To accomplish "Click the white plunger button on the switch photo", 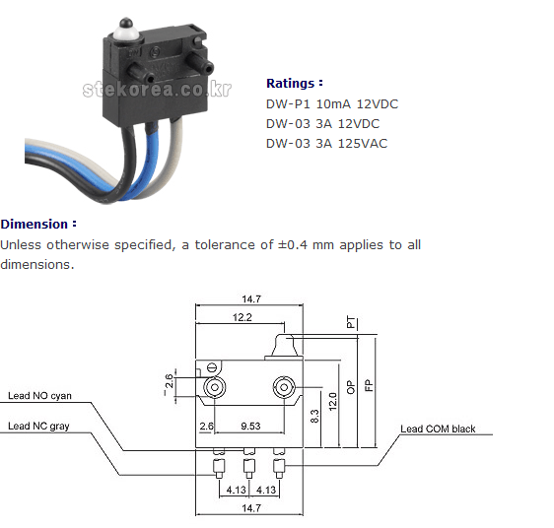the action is (125, 32).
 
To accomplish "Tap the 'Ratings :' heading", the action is (295, 84).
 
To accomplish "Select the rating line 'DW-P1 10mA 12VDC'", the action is (332, 104).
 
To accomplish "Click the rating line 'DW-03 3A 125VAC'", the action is (326, 144).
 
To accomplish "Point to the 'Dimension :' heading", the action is (38, 224).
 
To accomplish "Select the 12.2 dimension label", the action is (242, 317).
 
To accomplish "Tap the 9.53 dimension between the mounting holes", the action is (250, 426).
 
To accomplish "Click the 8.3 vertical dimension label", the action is (314, 416).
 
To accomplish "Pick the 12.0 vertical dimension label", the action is (332, 402).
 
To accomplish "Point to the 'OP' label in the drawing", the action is (350, 387).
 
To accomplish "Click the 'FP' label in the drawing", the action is (368, 385).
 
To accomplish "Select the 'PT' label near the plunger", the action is (351, 322).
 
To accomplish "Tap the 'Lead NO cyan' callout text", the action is (39, 396).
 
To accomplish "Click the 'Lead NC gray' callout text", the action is (38, 426).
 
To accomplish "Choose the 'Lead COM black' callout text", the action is (438, 429).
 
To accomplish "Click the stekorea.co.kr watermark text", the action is (157, 89).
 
